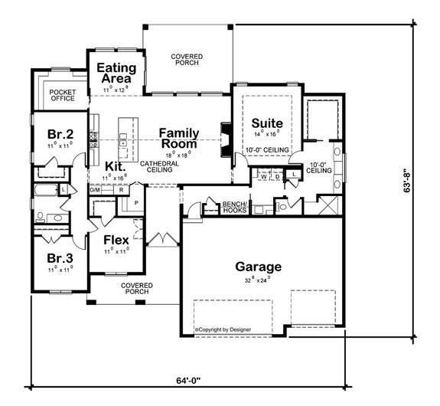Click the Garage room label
pos(258,267)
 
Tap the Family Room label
pos(178,138)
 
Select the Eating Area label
pos(116,73)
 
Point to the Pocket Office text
pos(63,96)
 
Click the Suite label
pos(267,123)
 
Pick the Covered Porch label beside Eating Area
pos(186,59)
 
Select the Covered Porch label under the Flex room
pos(137,289)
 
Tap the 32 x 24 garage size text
pos(258,280)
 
